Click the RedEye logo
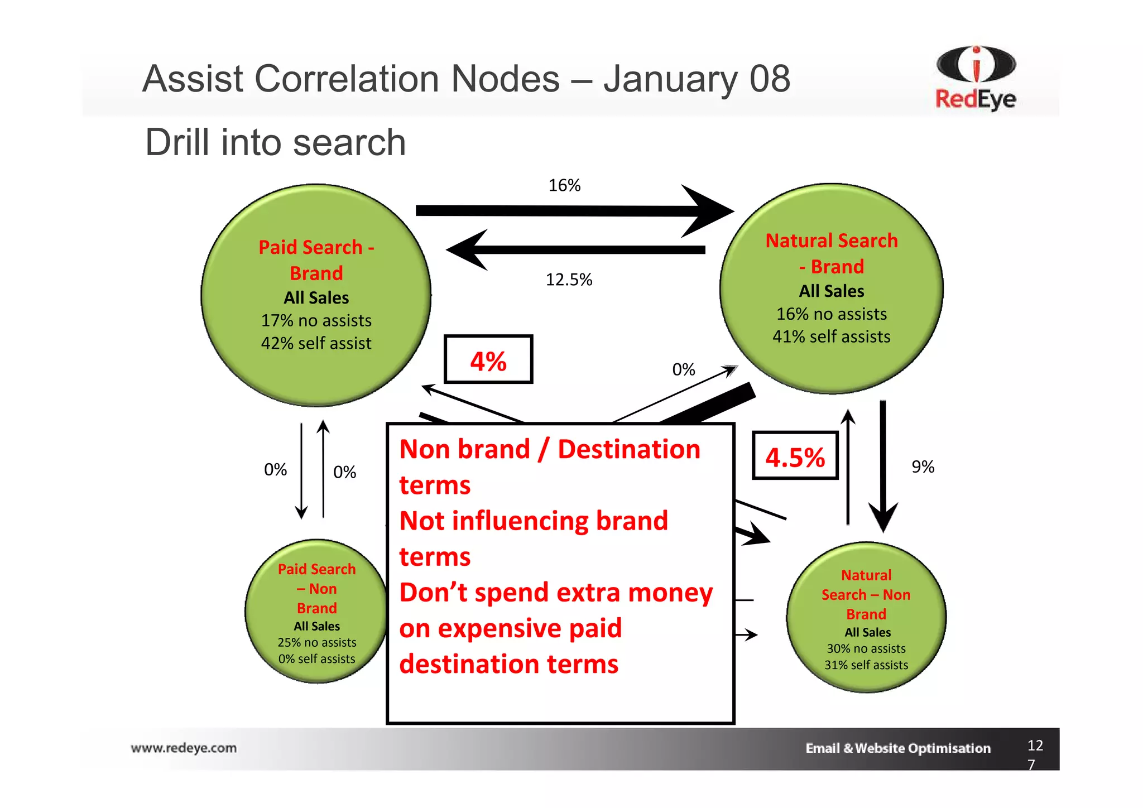tap(976, 78)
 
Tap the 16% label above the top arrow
tap(564, 185)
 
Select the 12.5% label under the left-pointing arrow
tap(568, 280)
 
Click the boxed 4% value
tap(488, 360)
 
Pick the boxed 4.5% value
tap(795, 457)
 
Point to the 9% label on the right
tap(923, 466)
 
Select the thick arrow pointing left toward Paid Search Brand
tap(575, 250)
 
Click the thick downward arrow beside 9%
tap(883, 463)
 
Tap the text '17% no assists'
tap(316, 321)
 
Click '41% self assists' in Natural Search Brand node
tap(831, 336)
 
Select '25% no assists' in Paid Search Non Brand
tap(316, 642)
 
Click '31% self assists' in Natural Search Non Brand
tap(866, 665)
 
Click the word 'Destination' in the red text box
tap(628, 449)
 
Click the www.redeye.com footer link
tap(184, 748)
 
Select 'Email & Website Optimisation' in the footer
tap(897, 748)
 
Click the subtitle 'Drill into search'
tap(275, 142)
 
